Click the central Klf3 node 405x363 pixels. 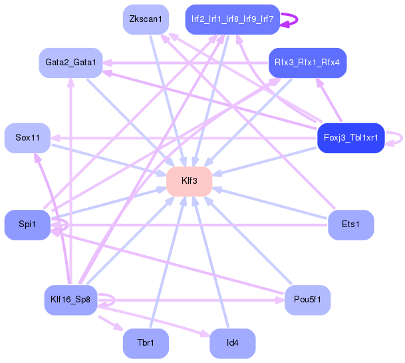[190, 181]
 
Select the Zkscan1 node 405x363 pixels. [146, 19]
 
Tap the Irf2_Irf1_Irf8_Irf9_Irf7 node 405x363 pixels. [233, 19]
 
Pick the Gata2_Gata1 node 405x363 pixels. [70, 63]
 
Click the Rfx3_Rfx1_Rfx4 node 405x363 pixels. [307, 63]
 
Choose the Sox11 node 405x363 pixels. [27, 138]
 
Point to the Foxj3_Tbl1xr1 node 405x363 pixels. [350, 138]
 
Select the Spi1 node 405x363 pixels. [27, 225]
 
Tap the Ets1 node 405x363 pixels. [350, 225]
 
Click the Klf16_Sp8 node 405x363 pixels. [70, 300]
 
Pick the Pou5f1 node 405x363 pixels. [307, 300]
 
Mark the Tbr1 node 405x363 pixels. [146, 344]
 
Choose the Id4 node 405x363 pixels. [233, 344]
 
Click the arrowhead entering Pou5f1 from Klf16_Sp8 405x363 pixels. [280, 300]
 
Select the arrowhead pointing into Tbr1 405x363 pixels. [118, 326]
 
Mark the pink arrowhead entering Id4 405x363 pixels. [205, 334]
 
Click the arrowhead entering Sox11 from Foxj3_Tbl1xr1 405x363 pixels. [55, 138]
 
